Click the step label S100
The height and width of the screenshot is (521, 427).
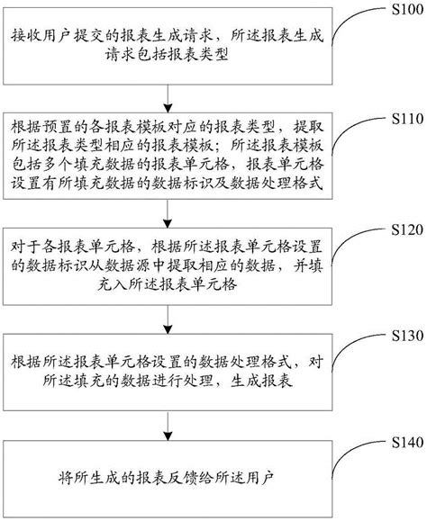pos(404,10)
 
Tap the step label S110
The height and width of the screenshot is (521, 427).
pos(404,118)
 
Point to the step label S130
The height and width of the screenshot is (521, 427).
pos(404,334)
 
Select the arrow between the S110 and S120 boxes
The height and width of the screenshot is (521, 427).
pos(165,209)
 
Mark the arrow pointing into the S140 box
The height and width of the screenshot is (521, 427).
pos(165,425)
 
